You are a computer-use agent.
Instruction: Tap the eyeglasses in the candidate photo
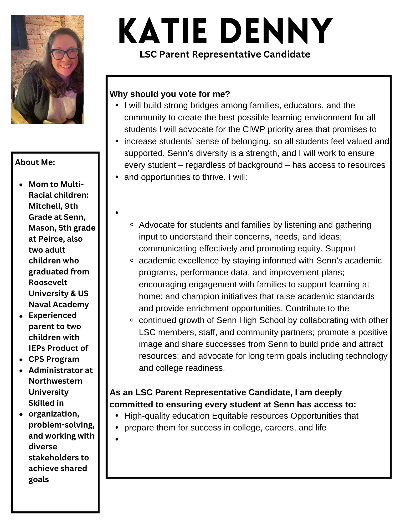coord(65,54)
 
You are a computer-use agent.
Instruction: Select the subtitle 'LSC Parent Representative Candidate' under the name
coord(225,54)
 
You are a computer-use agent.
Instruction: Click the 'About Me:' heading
coord(35,162)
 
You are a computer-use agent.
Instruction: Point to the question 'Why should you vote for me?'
coord(170,94)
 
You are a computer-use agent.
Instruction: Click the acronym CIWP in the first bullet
coord(254,129)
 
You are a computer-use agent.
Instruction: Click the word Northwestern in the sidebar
coord(55,381)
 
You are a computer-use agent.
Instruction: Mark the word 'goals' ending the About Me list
coord(39,480)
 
